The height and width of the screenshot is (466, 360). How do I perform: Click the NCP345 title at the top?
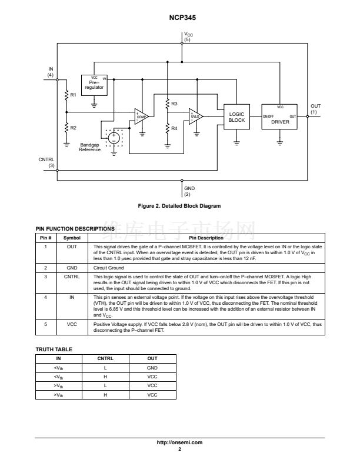pos(179,18)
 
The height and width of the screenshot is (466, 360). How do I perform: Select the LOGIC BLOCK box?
pos(236,116)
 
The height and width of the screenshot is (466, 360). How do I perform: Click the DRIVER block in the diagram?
pos(280,116)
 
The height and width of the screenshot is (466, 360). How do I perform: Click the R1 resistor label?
pos(74,95)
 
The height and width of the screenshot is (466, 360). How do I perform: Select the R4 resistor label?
pos(175,128)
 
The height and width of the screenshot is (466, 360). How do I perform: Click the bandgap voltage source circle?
pos(114,137)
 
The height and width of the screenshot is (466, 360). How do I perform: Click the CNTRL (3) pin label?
pos(47,162)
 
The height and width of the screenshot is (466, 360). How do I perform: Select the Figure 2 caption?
pos(179,206)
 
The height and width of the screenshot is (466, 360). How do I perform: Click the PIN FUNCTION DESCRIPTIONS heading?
pos(75,228)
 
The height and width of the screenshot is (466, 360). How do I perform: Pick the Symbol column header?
pos(72,238)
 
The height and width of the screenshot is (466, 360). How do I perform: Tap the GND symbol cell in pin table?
pos(72,267)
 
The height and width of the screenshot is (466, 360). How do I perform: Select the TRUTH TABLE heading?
pos(54,349)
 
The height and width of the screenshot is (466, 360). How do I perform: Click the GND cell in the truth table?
pos(152,368)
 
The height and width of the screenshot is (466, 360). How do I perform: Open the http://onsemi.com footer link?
pos(179,442)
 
